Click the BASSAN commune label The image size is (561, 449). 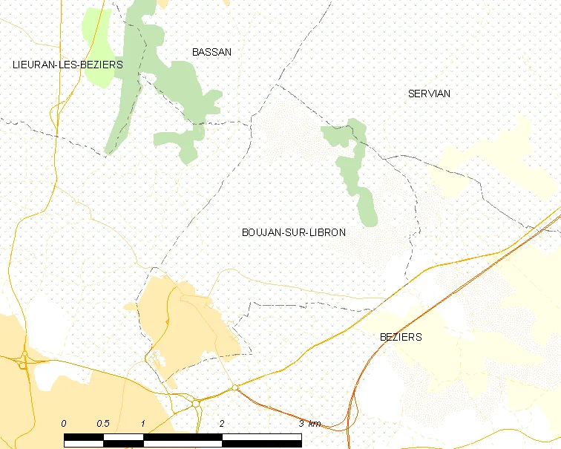pos(211,52)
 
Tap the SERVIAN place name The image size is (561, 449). pos(429,94)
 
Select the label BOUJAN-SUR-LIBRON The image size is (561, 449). pos(293,232)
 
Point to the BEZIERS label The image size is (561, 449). pos(400,337)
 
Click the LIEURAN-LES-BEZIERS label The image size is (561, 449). pos(68,65)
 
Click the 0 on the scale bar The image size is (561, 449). pos(64,424)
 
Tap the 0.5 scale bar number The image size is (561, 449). pos(102,424)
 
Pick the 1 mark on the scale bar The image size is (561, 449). pos(142,424)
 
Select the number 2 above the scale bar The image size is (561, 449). pos(221,424)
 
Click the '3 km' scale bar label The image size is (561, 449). pos(309,424)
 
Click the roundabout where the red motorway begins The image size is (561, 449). pos(234,387)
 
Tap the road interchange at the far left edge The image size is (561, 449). pos(24,364)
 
